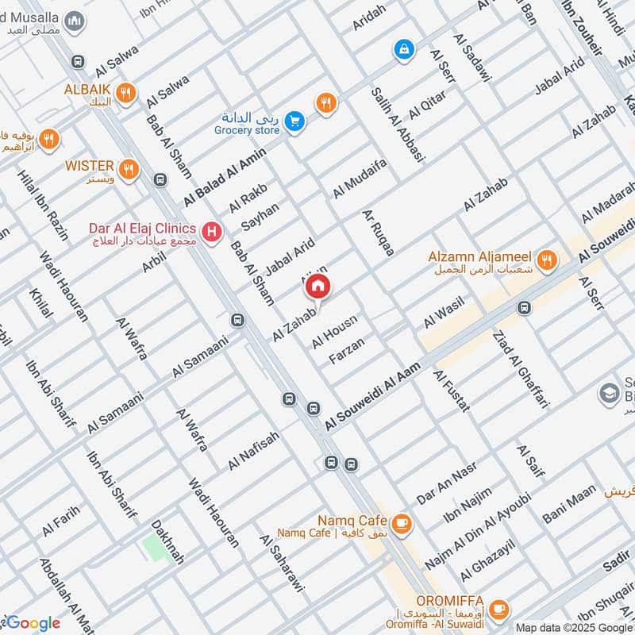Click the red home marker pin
317,286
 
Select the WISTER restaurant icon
127,168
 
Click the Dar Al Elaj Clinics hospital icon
212,233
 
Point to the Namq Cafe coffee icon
402,521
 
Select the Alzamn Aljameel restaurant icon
546,259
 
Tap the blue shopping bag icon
404,49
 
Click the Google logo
32,623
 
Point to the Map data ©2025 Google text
573,627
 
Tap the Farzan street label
347,350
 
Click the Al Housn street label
334,331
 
